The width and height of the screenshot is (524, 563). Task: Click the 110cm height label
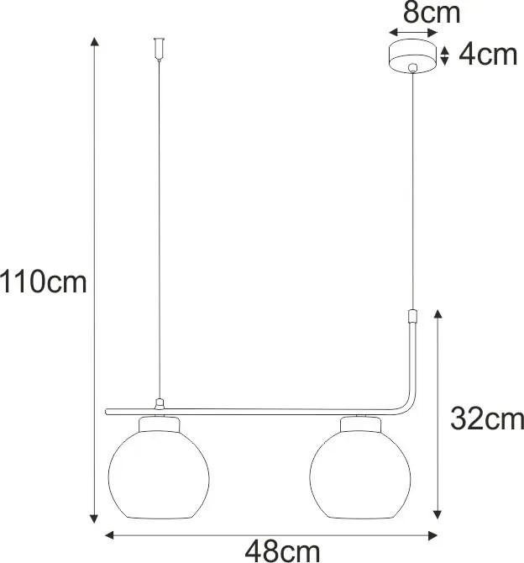pos(44,281)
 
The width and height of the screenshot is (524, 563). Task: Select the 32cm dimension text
pos(486,418)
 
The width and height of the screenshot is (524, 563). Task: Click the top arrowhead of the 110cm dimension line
pos(94,42)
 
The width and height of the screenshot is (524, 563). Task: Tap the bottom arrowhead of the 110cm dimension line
pos(94,518)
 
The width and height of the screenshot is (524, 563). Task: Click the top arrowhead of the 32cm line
pos(437,313)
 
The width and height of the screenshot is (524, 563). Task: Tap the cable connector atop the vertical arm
pos(411,318)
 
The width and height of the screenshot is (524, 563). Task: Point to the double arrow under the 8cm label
pos(413,34)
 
